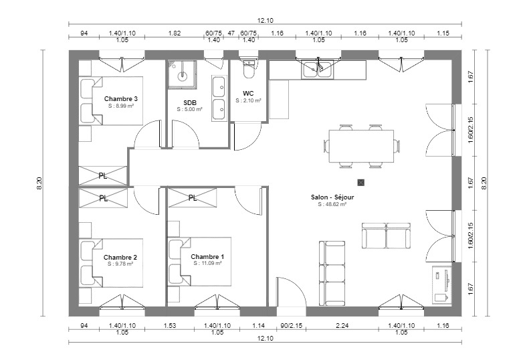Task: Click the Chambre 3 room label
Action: pos(120,99)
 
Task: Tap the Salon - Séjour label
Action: pos(332,197)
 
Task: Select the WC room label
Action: pos(248,94)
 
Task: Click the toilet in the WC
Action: pos(248,70)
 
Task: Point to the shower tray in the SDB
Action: pos(182,74)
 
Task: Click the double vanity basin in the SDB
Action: pos(219,98)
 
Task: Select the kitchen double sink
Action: pos(317,70)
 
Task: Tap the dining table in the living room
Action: pos(361,146)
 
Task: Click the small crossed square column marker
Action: pos(360,183)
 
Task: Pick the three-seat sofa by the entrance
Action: pos(332,273)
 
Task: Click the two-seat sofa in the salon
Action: pos(386,236)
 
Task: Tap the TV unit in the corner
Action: pos(441,285)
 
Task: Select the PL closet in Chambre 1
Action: pos(193,198)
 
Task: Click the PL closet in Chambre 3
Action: pos(103,175)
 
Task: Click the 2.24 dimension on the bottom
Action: pos(342,325)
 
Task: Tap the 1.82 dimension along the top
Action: pos(175,33)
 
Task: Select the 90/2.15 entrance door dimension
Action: pos(292,325)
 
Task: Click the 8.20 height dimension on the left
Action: pos(39,183)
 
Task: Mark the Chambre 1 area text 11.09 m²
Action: pos(207,264)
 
